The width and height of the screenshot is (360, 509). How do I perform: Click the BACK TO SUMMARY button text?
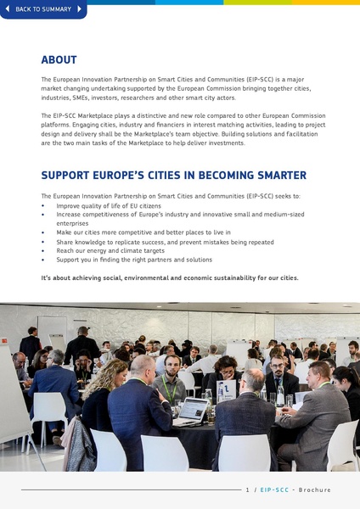tap(43, 9)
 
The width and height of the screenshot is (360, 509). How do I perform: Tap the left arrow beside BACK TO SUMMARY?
tap(8, 9)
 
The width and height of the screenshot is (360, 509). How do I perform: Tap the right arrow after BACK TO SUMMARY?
tap(80, 9)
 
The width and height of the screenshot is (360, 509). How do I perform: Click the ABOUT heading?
tap(59, 60)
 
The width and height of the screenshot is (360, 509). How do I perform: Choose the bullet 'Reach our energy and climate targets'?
tap(110, 250)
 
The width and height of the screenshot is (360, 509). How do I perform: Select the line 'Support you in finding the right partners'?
tap(134, 260)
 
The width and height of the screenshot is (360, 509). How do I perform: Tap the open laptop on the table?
tap(192, 412)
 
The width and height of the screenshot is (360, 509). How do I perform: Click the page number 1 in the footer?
tap(246, 489)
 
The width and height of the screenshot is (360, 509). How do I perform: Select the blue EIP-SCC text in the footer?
tap(273, 489)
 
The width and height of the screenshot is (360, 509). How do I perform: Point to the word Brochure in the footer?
tap(314, 489)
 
